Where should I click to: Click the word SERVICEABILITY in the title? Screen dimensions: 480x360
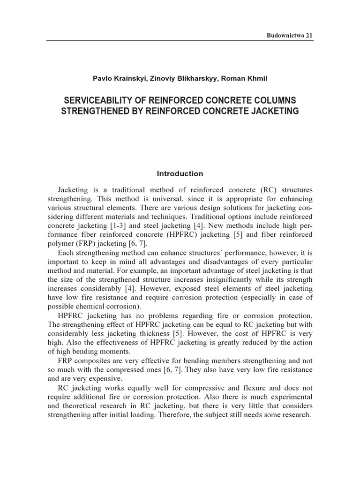click(x=96, y=101)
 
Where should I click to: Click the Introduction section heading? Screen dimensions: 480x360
click(x=180, y=173)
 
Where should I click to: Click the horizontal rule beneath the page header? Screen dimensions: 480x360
click(x=180, y=41)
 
